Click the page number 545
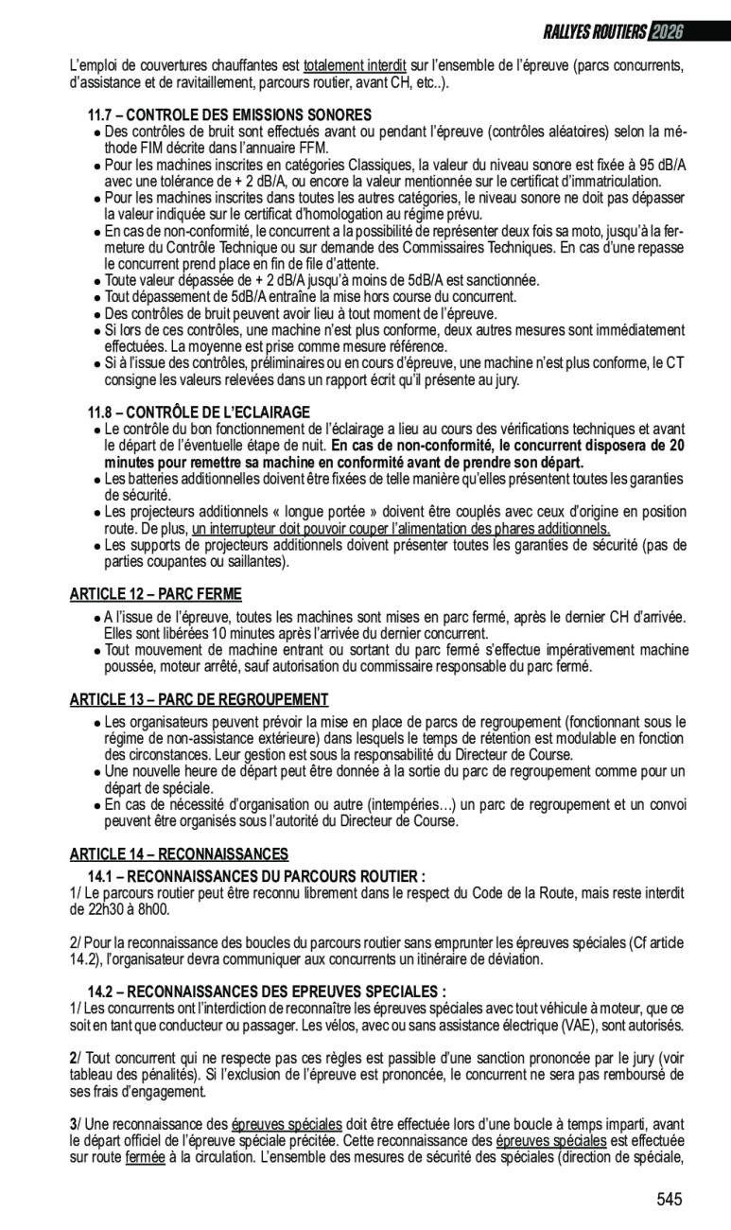click(669, 1200)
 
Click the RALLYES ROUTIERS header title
click(595, 32)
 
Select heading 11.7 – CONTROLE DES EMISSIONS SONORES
click(230, 114)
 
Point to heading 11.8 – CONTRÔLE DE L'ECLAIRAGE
click(199, 413)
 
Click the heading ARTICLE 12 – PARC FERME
click(155, 594)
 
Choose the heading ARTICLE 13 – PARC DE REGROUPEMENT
click(199, 700)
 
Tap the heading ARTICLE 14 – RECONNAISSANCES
click(179, 854)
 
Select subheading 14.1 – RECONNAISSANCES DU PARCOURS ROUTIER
click(256, 876)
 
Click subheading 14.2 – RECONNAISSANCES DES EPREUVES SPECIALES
click(267, 992)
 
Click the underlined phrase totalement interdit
click(355, 66)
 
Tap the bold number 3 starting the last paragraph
click(73, 1124)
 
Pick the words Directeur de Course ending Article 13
click(408, 821)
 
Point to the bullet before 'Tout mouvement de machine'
click(97, 651)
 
